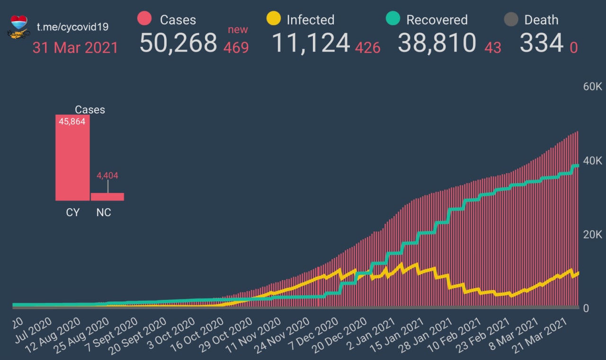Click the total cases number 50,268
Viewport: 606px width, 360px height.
click(178, 43)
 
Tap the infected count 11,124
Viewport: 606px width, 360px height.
click(311, 43)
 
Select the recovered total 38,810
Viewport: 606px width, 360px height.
click(437, 43)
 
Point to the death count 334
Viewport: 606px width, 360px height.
click(541, 43)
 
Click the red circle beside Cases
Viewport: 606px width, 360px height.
click(144, 19)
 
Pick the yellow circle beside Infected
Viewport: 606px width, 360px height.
click(274, 19)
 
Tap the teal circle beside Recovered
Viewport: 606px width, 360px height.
click(393, 19)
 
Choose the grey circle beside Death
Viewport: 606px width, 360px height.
click(510, 19)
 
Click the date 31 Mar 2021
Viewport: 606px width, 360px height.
click(75, 48)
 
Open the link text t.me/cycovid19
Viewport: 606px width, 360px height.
click(72, 26)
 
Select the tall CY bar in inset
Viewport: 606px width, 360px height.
click(72, 158)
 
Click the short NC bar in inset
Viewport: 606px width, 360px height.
click(107, 196)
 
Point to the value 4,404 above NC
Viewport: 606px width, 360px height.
click(107, 176)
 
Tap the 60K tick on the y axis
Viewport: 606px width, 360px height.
click(592, 87)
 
